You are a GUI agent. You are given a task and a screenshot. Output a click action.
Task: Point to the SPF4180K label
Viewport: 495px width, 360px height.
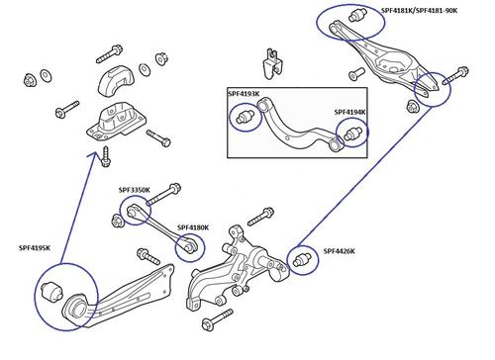(x=194, y=227)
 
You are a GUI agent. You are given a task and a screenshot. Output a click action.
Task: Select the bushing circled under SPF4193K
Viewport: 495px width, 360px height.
(x=243, y=120)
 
